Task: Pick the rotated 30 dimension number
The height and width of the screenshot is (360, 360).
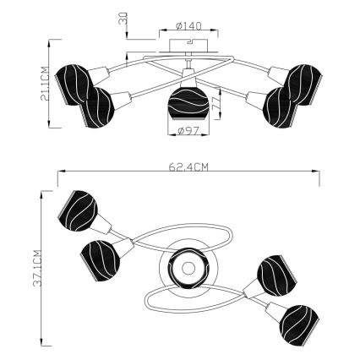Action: click(x=124, y=18)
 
